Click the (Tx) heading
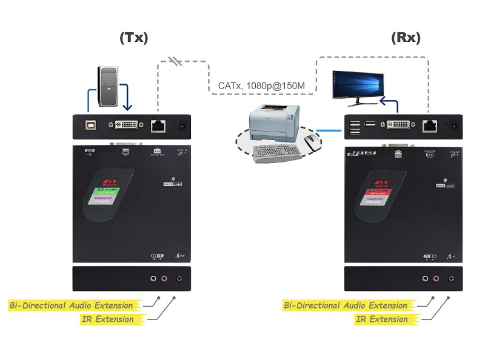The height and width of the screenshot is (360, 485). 133,38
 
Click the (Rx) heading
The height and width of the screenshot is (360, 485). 406,38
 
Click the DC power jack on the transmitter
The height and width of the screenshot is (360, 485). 181,126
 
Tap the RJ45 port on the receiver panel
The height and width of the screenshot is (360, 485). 430,126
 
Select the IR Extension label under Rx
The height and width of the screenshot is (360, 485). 381,319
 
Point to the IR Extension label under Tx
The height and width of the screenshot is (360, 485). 107,319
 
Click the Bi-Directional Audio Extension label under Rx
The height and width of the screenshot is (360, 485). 346,305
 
